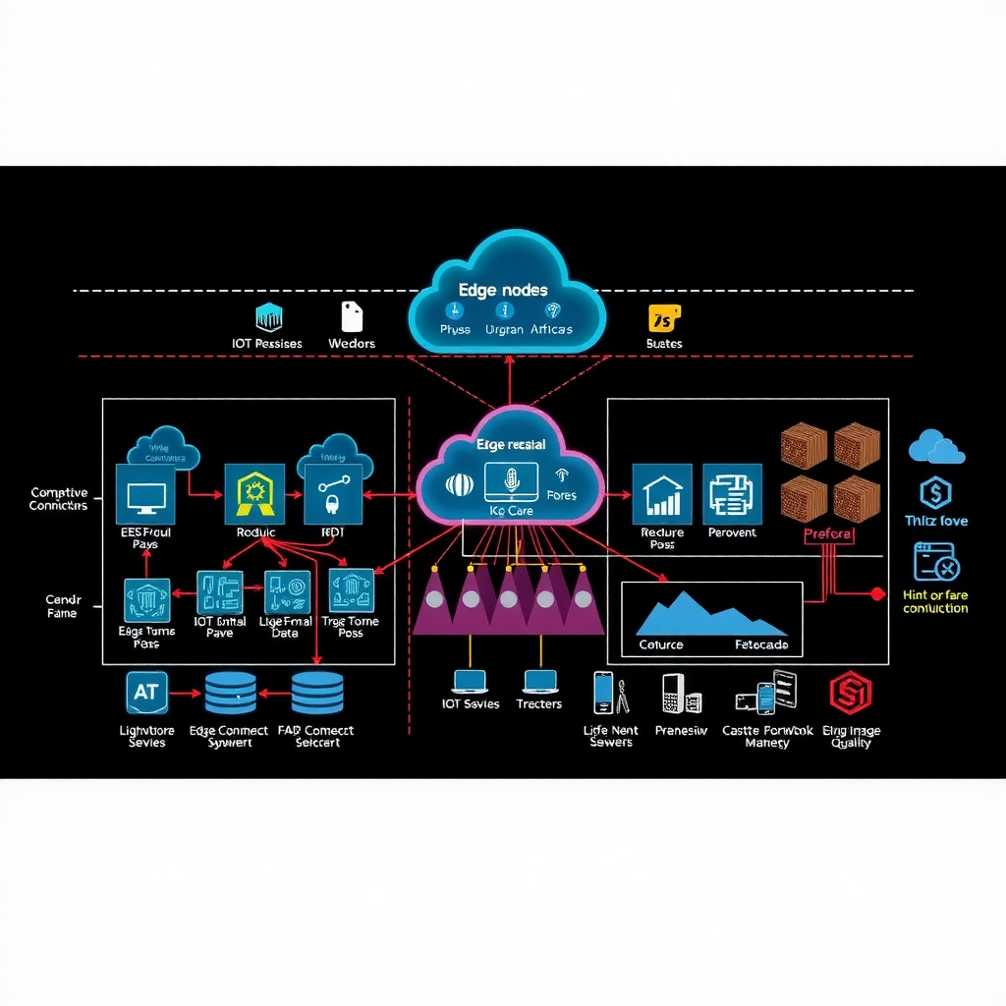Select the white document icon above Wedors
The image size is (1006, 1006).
coord(351,316)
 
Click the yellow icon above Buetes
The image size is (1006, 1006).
coord(664,317)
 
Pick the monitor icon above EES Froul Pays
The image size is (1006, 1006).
coord(144,494)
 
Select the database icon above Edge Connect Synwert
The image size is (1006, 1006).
coord(230,693)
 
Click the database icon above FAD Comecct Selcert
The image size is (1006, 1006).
coord(317,693)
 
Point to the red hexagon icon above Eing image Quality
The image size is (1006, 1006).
coord(850,693)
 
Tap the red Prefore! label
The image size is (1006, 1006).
coord(828,534)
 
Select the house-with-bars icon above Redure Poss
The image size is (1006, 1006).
coord(662,494)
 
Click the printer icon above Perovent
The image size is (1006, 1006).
coord(732,494)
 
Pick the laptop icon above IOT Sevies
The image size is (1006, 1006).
coord(470,681)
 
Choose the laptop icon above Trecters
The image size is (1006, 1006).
coord(539,681)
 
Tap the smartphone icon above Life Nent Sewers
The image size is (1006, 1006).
coord(603,692)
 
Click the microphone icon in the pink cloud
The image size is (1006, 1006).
coord(510,482)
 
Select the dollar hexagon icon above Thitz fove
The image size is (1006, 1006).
coord(936,492)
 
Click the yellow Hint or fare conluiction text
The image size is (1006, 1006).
coord(935,601)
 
